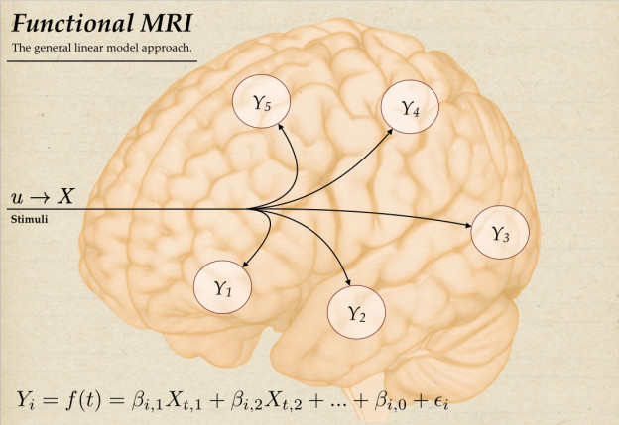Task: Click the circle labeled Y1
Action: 222,287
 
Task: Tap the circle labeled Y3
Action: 500,234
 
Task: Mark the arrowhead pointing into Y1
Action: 243,264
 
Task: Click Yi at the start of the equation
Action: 27,399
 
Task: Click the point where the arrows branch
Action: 250,209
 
